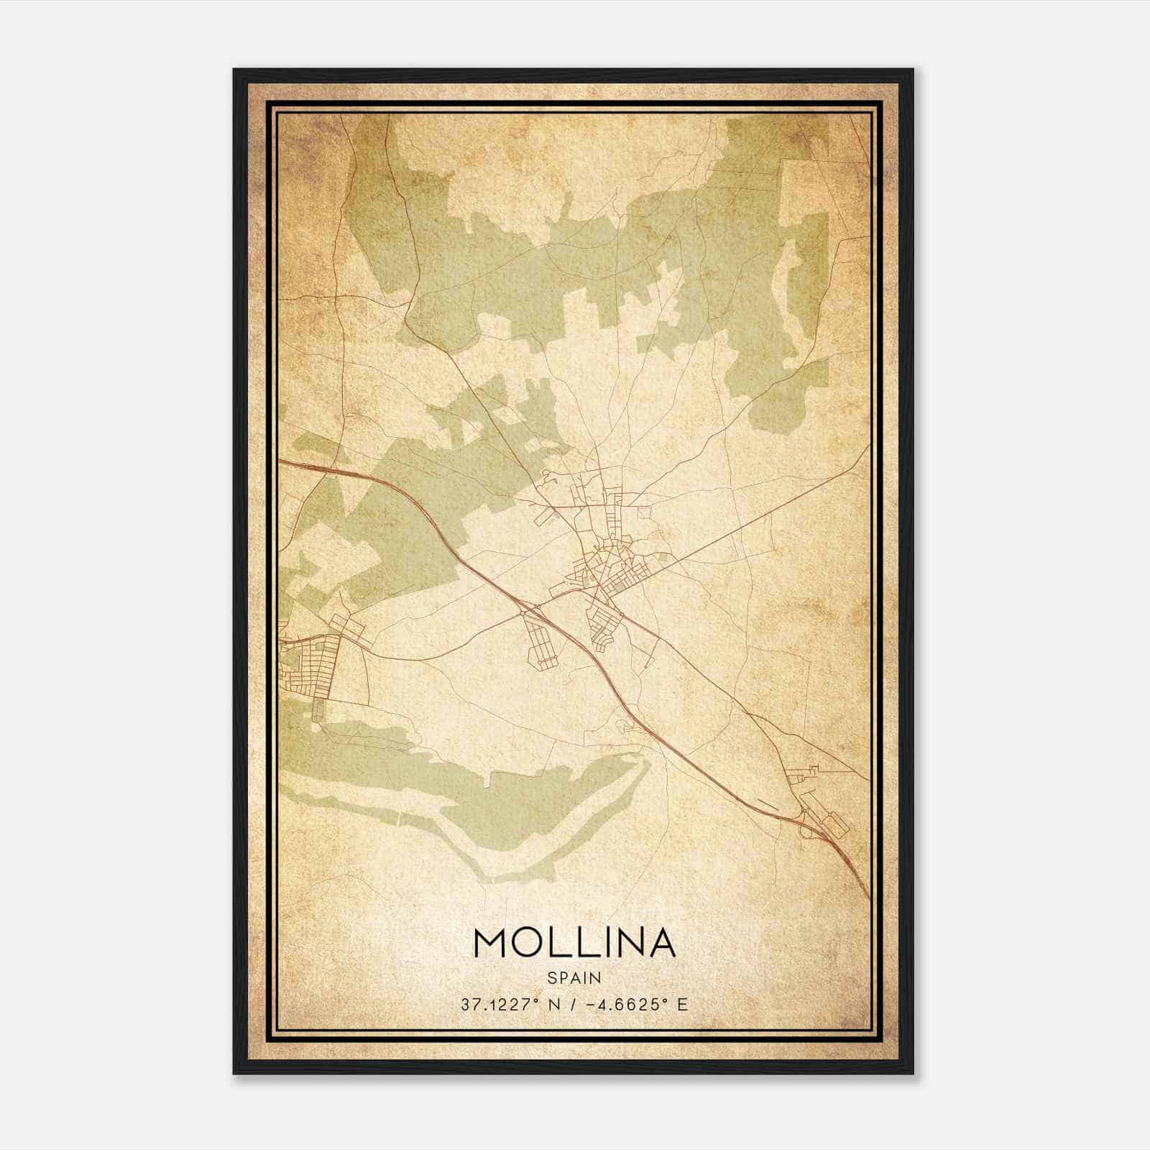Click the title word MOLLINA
(574, 943)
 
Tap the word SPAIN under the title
(574, 977)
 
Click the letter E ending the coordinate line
(682, 1004)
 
